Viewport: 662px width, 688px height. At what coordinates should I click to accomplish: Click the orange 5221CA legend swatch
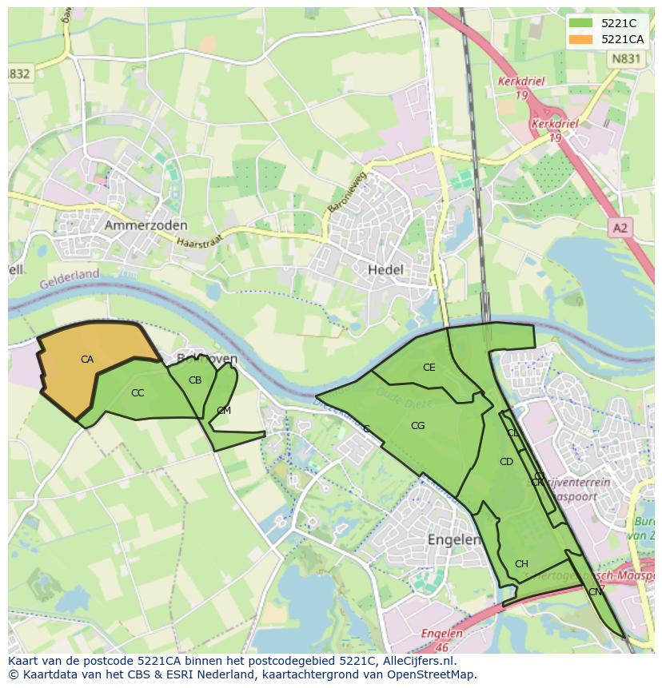click(581, 39)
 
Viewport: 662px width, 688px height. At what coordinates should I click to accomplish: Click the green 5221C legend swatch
click(581, 23)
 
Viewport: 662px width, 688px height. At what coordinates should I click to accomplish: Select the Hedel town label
click(385, 270)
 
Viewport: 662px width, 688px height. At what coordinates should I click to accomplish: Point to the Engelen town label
click(454, 539)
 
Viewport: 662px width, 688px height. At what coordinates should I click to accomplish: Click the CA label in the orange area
click(87, 360)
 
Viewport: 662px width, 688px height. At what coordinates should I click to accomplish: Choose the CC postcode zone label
click(138, 393)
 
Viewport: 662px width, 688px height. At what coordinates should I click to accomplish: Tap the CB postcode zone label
click(195, 380)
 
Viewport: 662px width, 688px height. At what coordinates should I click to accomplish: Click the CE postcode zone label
click(429, 368)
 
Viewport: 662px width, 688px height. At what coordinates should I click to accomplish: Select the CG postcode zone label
click(417, 426)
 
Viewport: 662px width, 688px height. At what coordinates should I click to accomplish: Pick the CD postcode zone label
click(506, 462)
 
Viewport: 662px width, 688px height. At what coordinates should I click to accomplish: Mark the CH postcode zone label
click(521, 564)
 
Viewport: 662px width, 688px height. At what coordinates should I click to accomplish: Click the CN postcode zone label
click(595, 592)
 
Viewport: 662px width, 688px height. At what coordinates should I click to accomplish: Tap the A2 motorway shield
click(620, 229)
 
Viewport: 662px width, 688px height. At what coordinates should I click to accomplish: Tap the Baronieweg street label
click(345, 192)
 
